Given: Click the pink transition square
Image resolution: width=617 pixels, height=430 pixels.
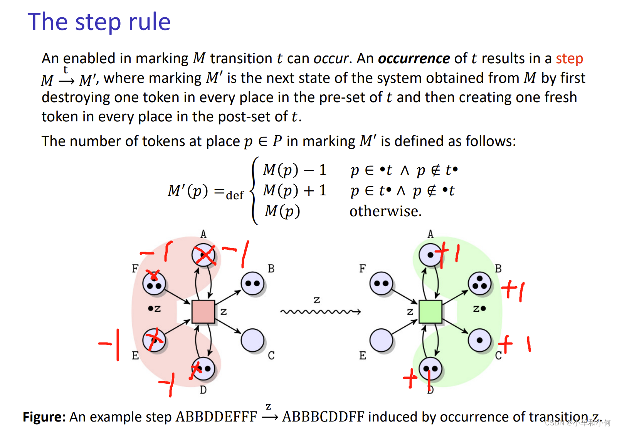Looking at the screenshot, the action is click(203, 312).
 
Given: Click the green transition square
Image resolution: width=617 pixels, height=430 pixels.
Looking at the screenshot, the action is click(430, 312).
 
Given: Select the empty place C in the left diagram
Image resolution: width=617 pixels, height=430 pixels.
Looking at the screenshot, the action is click(252, 340).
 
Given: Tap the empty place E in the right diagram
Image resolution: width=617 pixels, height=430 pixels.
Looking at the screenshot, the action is click(381, 340).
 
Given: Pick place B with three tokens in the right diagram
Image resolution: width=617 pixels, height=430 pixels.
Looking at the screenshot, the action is click(479, 284).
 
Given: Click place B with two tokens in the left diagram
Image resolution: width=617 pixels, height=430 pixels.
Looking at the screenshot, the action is click(252, 284).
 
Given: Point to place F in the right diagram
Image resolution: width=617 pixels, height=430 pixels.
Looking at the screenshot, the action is click(381, 284).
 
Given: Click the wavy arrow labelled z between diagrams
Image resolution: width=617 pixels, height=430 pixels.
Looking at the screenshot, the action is click(320, 311).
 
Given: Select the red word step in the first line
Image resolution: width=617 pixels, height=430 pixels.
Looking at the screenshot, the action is click(569, 59).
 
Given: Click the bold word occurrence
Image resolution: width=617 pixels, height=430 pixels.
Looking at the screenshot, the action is click(414, 59).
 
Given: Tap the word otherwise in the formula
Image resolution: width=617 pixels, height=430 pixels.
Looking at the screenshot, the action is click(385, 211).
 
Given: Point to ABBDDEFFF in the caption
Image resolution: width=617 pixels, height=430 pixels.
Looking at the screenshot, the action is click(216, 417).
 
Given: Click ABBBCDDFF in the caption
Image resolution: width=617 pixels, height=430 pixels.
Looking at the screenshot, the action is click(323, 417).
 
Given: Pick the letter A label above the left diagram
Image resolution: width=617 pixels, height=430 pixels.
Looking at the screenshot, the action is click(203, 234).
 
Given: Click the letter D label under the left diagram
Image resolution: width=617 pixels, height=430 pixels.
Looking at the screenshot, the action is click(203, 390).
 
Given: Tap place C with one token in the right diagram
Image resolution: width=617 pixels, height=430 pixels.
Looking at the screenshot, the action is click(479, 340).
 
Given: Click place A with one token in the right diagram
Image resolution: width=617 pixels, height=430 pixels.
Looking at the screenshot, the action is click(430, 255).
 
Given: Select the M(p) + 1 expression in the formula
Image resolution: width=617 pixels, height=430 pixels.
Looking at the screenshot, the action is click(295, 190).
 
